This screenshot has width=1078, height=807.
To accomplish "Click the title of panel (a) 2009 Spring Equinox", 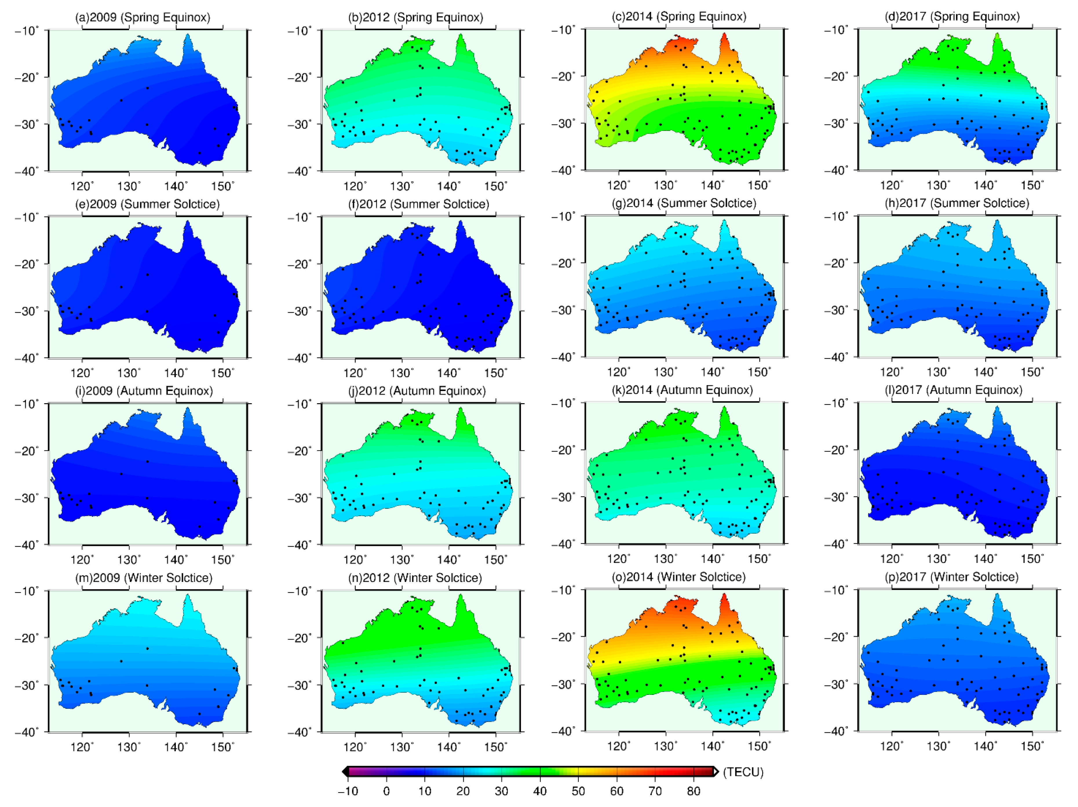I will click(x=142, y=18).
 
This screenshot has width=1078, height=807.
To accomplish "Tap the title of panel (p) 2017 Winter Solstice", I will click(x=952, y=577).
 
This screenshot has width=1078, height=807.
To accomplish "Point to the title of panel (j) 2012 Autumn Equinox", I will click(x=417, y=391).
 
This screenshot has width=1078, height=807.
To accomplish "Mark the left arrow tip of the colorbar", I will click(x=344, y=771).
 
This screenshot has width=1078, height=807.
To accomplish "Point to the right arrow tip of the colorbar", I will click(x=717, y=771).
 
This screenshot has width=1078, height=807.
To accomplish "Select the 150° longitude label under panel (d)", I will click(x=1032, y=186).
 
